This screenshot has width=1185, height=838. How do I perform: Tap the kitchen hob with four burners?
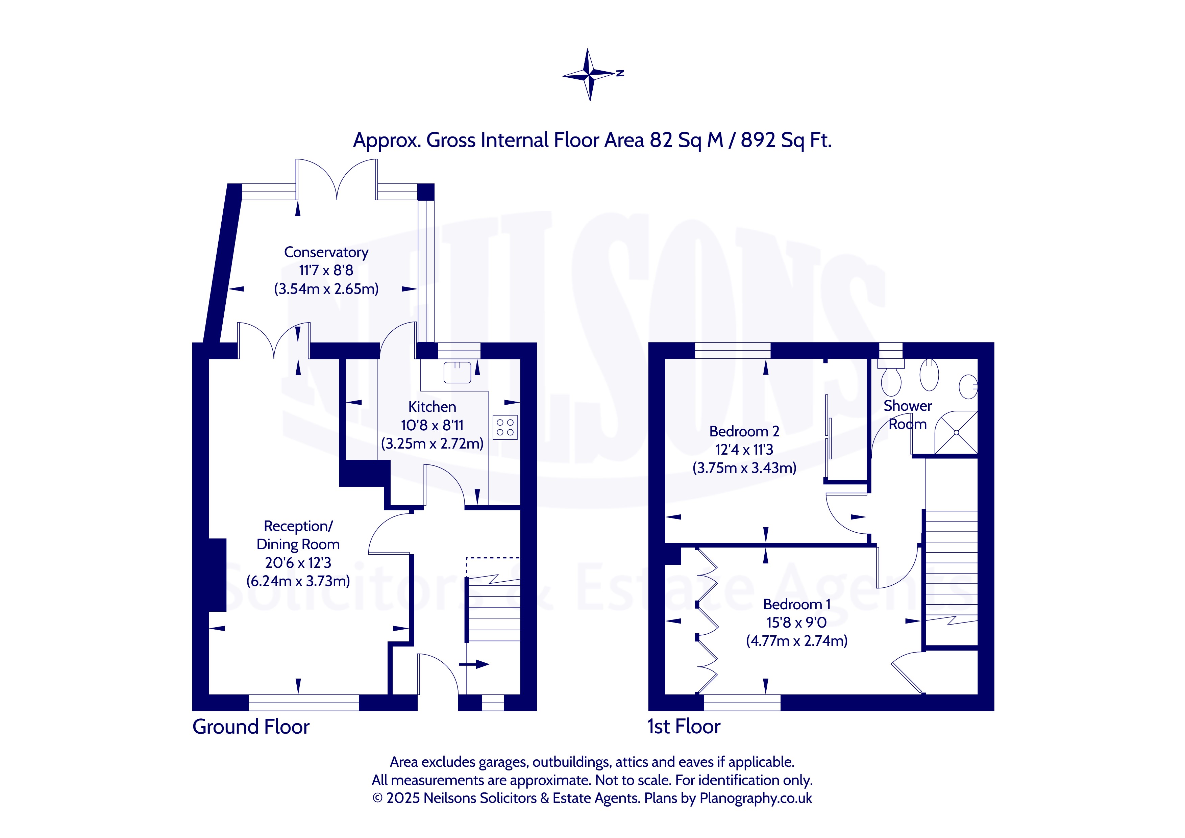[x=505, y=427]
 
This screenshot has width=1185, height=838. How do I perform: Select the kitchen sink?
[x=457, y=372]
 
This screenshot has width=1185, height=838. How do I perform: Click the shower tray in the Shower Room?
[x=956, y=432]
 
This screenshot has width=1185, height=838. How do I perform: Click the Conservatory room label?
[x=326, y=252]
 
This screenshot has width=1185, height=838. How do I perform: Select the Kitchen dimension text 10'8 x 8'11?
[x=432, y=425]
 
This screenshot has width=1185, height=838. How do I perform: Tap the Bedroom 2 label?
[x=744, y=431]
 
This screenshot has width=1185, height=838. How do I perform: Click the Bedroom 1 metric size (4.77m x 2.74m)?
[x=797, y=641]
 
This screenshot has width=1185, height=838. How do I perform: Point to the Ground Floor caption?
[x=251, y=727]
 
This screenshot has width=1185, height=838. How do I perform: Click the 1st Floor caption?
[x=684, y=727]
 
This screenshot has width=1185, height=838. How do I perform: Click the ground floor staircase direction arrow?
[x=474, y=664]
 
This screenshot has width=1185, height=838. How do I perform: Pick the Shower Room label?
[x=907, y=415]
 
